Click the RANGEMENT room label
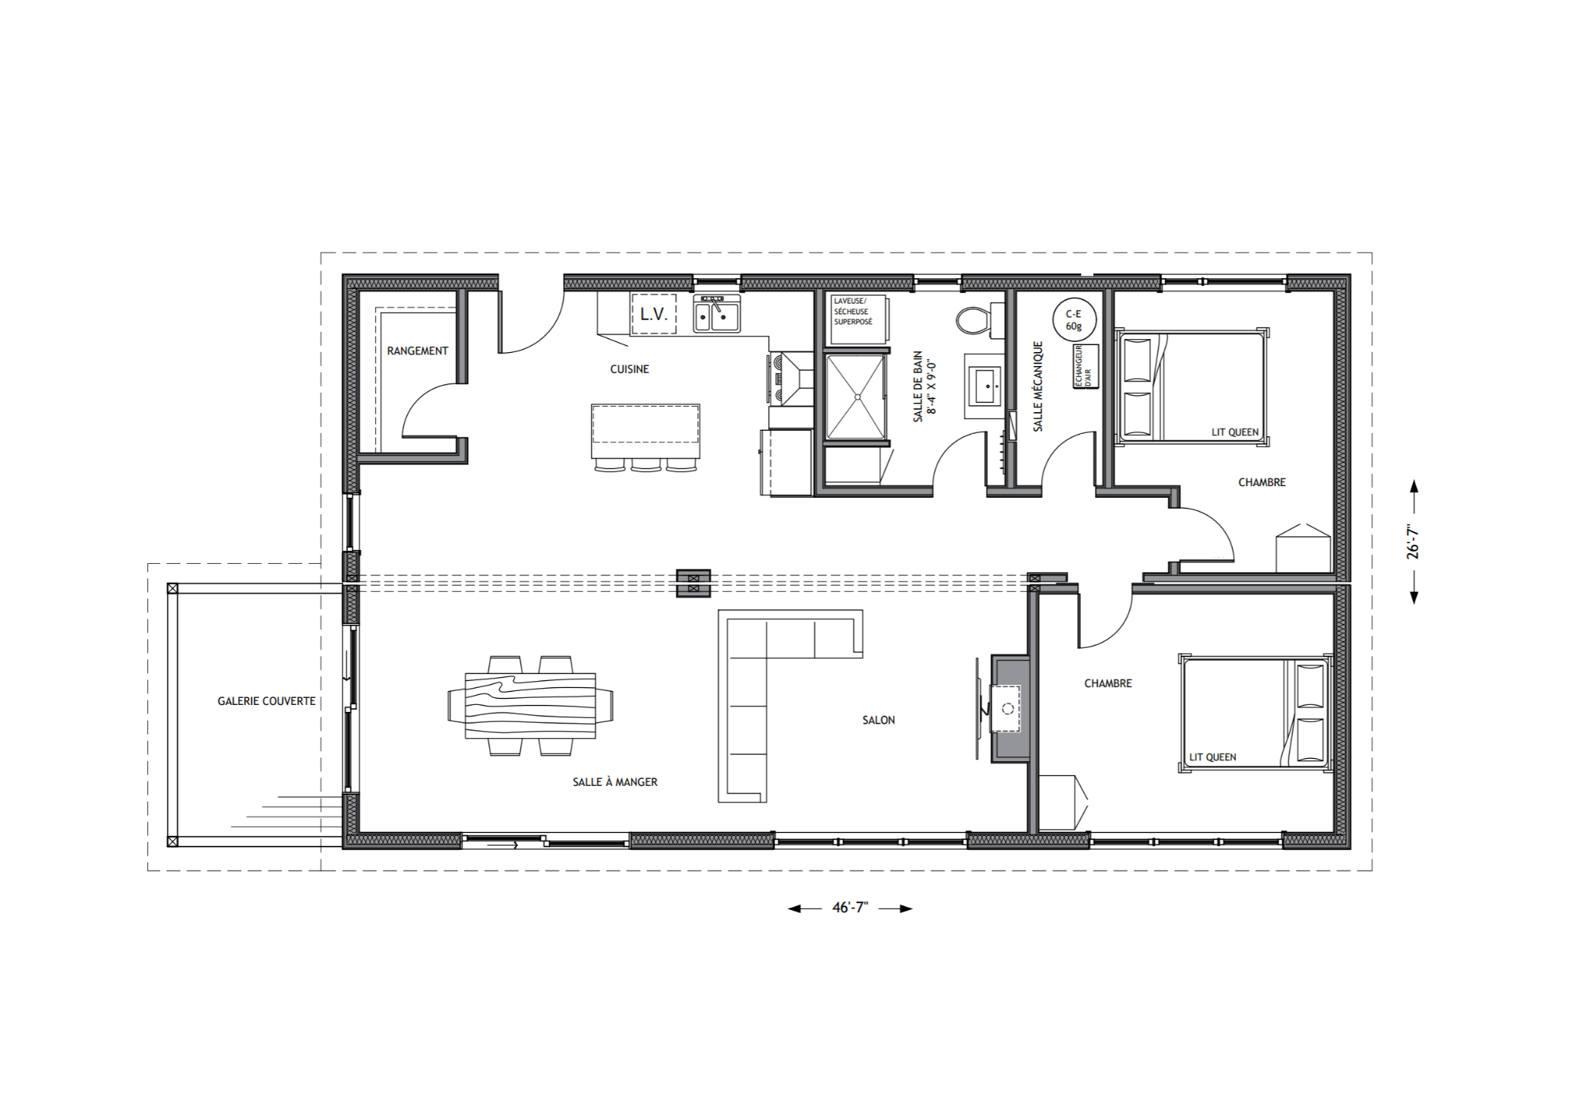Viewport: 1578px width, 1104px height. coord(417,351)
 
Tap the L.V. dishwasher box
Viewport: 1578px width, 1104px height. coord(653,314)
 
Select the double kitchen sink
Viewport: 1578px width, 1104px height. coord(716,315)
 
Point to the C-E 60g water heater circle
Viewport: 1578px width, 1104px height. coord(1073,320)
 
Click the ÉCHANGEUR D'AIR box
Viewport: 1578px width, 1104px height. coord(1086,367)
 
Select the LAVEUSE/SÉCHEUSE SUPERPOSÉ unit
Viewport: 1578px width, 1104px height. coord(857,319)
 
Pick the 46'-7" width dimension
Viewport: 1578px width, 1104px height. coord(850,908)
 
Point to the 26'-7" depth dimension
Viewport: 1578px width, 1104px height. coord(1412,542)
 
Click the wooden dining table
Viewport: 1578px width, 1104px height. coord(530,705)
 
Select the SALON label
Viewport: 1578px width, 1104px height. coord(878,720)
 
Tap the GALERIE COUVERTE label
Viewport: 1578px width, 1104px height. coord(267,701)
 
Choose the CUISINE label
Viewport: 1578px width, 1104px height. coord(630,369)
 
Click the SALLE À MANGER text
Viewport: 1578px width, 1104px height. coord(615,782)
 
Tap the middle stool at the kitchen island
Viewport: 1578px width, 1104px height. coord(646,465)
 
